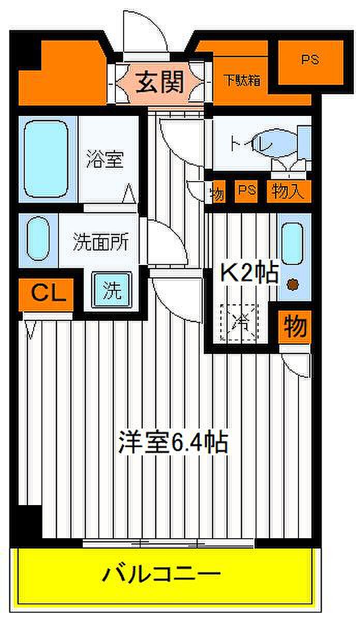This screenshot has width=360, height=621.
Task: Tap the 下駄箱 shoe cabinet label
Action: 242,81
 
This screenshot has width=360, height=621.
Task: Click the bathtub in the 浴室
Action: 46,158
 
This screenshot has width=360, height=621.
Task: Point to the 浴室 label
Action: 106,159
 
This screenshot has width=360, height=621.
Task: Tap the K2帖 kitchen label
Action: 250,272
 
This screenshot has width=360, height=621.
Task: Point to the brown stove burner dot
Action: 293,284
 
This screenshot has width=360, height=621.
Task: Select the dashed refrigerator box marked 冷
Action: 239,322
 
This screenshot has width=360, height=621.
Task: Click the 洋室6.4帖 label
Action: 173,442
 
